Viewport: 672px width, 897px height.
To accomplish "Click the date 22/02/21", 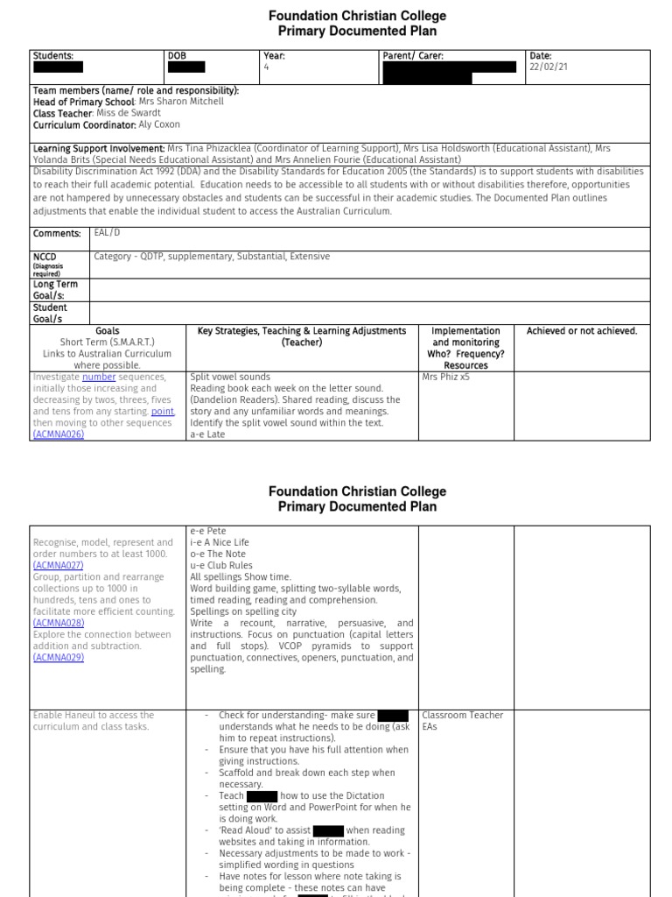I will tap(549, 67).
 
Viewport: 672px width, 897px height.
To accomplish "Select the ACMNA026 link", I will tap(59, 434).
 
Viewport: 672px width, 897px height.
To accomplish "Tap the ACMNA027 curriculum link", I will tap(59, 566).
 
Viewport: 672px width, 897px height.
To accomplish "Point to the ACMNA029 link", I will tap(59, 658).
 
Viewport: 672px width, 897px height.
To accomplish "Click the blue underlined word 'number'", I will tap(99, 378).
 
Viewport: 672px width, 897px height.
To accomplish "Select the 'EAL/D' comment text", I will tap(108, 234).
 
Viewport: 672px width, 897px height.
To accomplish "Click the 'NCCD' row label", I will tap(45, 257).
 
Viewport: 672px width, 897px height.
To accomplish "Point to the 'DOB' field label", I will tap(178, 56).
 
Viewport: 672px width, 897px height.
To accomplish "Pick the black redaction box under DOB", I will tap(186, 67).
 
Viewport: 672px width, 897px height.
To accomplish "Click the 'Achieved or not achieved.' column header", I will tap(582, 331).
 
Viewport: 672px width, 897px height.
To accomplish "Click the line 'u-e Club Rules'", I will tap(221, 566).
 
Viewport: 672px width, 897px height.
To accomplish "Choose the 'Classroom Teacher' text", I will tap(462, 716).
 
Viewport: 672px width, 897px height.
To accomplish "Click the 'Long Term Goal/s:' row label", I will tap(55, 290).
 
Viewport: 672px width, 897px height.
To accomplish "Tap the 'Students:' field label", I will tap(53, 56).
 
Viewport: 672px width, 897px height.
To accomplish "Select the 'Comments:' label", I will tap(57, 234).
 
